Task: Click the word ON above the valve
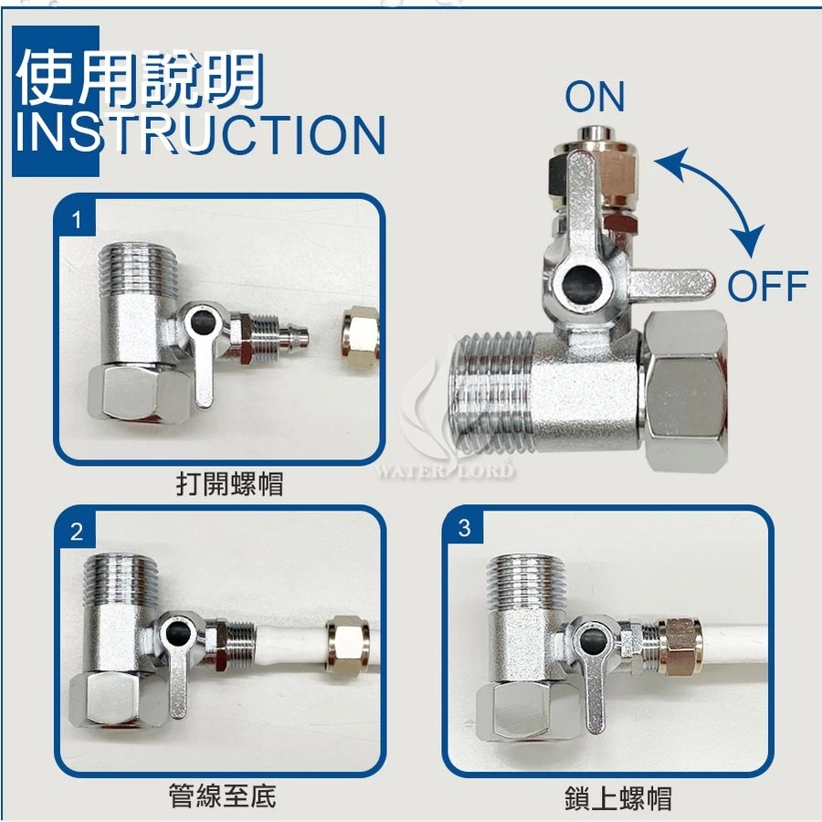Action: (595, 97)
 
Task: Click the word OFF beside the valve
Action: (767, 286)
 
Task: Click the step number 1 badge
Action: (77, 219)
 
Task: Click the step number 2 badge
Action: (77, 532)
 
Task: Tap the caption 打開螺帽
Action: (229, 483)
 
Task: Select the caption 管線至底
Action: (222, 796)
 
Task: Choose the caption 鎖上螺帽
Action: (618, 798)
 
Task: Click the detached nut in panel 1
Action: (360, 332)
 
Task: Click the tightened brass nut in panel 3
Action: (680, 648)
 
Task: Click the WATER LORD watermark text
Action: (445, 470)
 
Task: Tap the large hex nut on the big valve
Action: (685, 391)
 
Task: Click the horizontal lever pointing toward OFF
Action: (671, 283)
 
